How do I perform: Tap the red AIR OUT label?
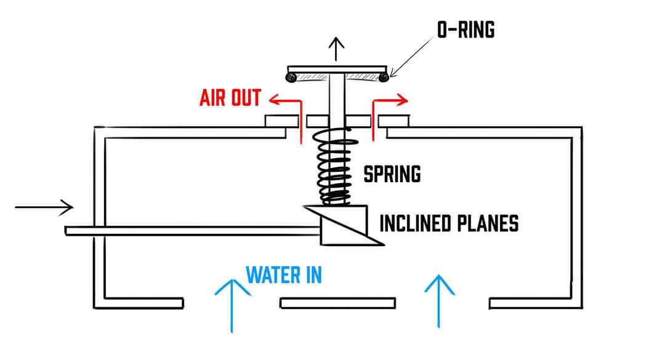pyautogui.click(x=230, y=98)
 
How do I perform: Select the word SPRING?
pyautogui.click(x=392, y=174)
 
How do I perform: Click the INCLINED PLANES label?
pyautogui.click(x=449, y=223)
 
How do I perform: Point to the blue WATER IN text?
pyautogui.click(x=284, y=274)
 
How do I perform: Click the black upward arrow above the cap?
pyautogui.click(x=336, y=49)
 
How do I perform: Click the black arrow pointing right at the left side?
pyautogui.click(x=44, y=207)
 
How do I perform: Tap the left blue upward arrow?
pyautogui.click(x=232, y=304)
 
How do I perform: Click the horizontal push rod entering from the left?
pyautogui.click(x=191, y=231)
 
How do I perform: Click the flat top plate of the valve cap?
pyautogui.click(x=337, y=67)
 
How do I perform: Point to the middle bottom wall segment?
pyautogui.click(x=337, y=303)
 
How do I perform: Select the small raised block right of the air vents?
pyautogui.click(x=397, y=121)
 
